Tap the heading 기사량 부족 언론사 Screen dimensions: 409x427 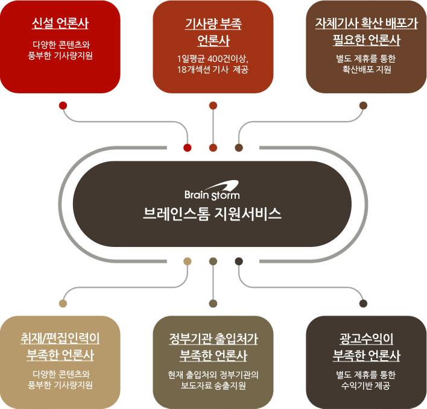coord(213,33)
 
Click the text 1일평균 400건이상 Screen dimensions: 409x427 coord(213,58)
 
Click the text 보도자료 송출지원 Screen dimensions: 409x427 coord(213,386)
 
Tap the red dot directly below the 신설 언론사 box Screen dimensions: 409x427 coord(63,105)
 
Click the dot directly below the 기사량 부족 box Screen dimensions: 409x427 coord(213,105)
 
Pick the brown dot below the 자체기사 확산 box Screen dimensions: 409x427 coord(363,105)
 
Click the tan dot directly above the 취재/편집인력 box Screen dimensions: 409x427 coord(63,302)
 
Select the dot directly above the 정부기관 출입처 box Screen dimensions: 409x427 coord(213,302)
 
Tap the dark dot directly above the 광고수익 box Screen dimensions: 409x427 coord(363,302)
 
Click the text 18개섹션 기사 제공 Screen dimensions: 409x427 coord(213,70)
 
